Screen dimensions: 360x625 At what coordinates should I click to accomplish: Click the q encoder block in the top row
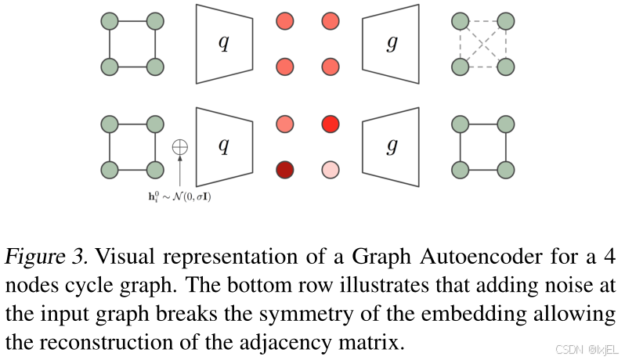coord(224,44)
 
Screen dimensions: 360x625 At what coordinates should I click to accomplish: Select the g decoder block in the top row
coord(391,44)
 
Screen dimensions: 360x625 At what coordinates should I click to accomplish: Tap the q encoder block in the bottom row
coord(224,146)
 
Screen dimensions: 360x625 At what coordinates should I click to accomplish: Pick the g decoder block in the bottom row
coord(391,146)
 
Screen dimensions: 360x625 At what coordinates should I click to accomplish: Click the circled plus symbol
coord(180,146)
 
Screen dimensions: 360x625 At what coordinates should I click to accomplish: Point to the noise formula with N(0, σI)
coord(176,196)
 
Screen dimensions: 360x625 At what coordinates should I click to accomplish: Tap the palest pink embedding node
coord(331,170)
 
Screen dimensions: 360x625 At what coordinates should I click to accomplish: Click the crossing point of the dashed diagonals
coord(482,44)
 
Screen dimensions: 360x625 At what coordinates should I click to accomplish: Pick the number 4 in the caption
coord(609,257)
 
